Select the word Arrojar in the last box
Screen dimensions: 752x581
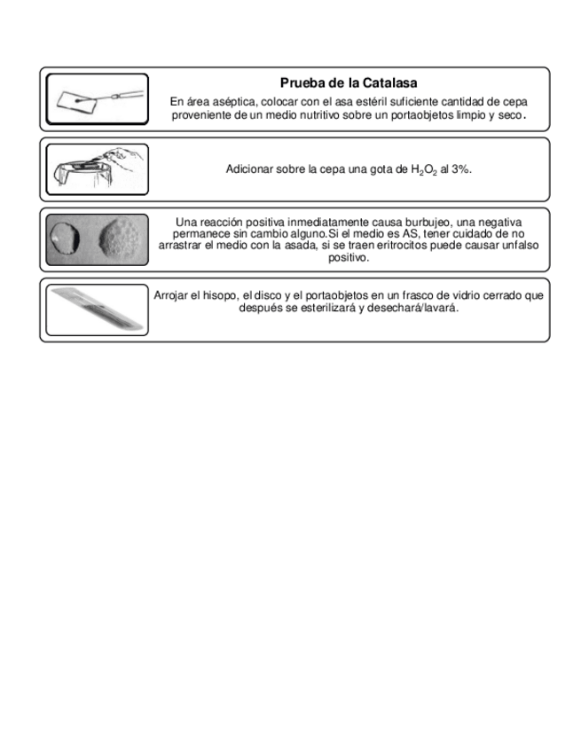point(171,296)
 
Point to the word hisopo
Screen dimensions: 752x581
point(218,296)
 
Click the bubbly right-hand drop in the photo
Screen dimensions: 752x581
point(121,239)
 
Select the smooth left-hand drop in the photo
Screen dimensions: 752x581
point(67,239)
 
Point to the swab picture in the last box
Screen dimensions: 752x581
point(97,309)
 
